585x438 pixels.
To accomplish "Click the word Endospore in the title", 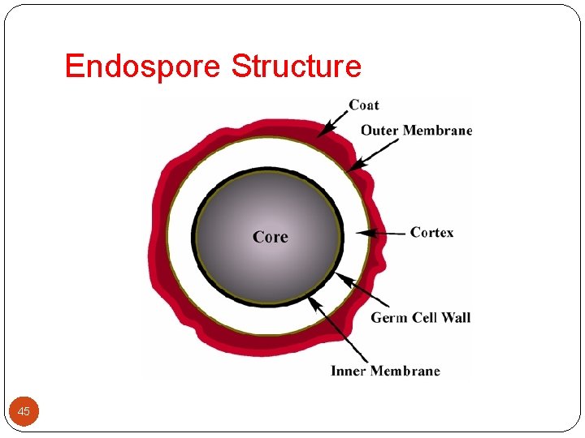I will [x=142, y=66].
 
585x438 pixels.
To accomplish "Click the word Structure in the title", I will [x=297, y=66].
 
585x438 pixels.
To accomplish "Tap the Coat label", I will [x=364, y=105].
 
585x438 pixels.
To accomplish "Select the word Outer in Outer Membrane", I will [x=380, y=131].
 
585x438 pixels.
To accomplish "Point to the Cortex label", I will [x=431, y=233].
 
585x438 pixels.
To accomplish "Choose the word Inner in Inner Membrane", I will [x=349, y=371].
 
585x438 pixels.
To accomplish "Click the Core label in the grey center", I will [x=270, y=237].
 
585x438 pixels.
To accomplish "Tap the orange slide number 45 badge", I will [x=24, y=412].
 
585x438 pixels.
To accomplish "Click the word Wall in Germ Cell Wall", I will [x=456, y=318].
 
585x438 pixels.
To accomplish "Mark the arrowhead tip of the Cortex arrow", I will [x=357, y=234].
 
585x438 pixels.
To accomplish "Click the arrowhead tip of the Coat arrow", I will [x=318, y=134].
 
